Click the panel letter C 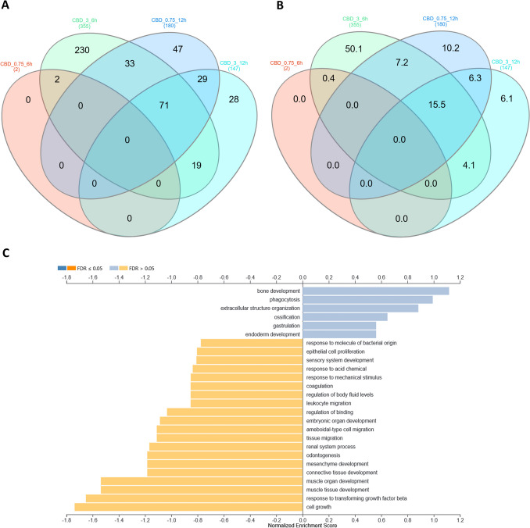click(x=6, y=252)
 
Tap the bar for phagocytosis click(x=367, y=299)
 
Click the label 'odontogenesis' click(x=328, y=455)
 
